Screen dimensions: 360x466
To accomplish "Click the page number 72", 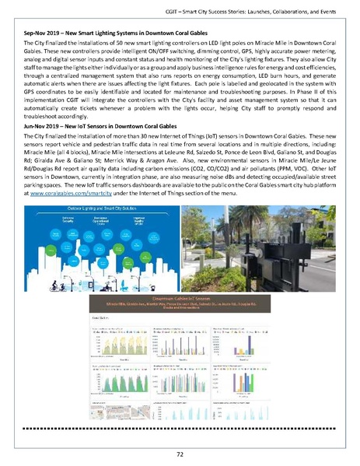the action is [180, 452].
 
